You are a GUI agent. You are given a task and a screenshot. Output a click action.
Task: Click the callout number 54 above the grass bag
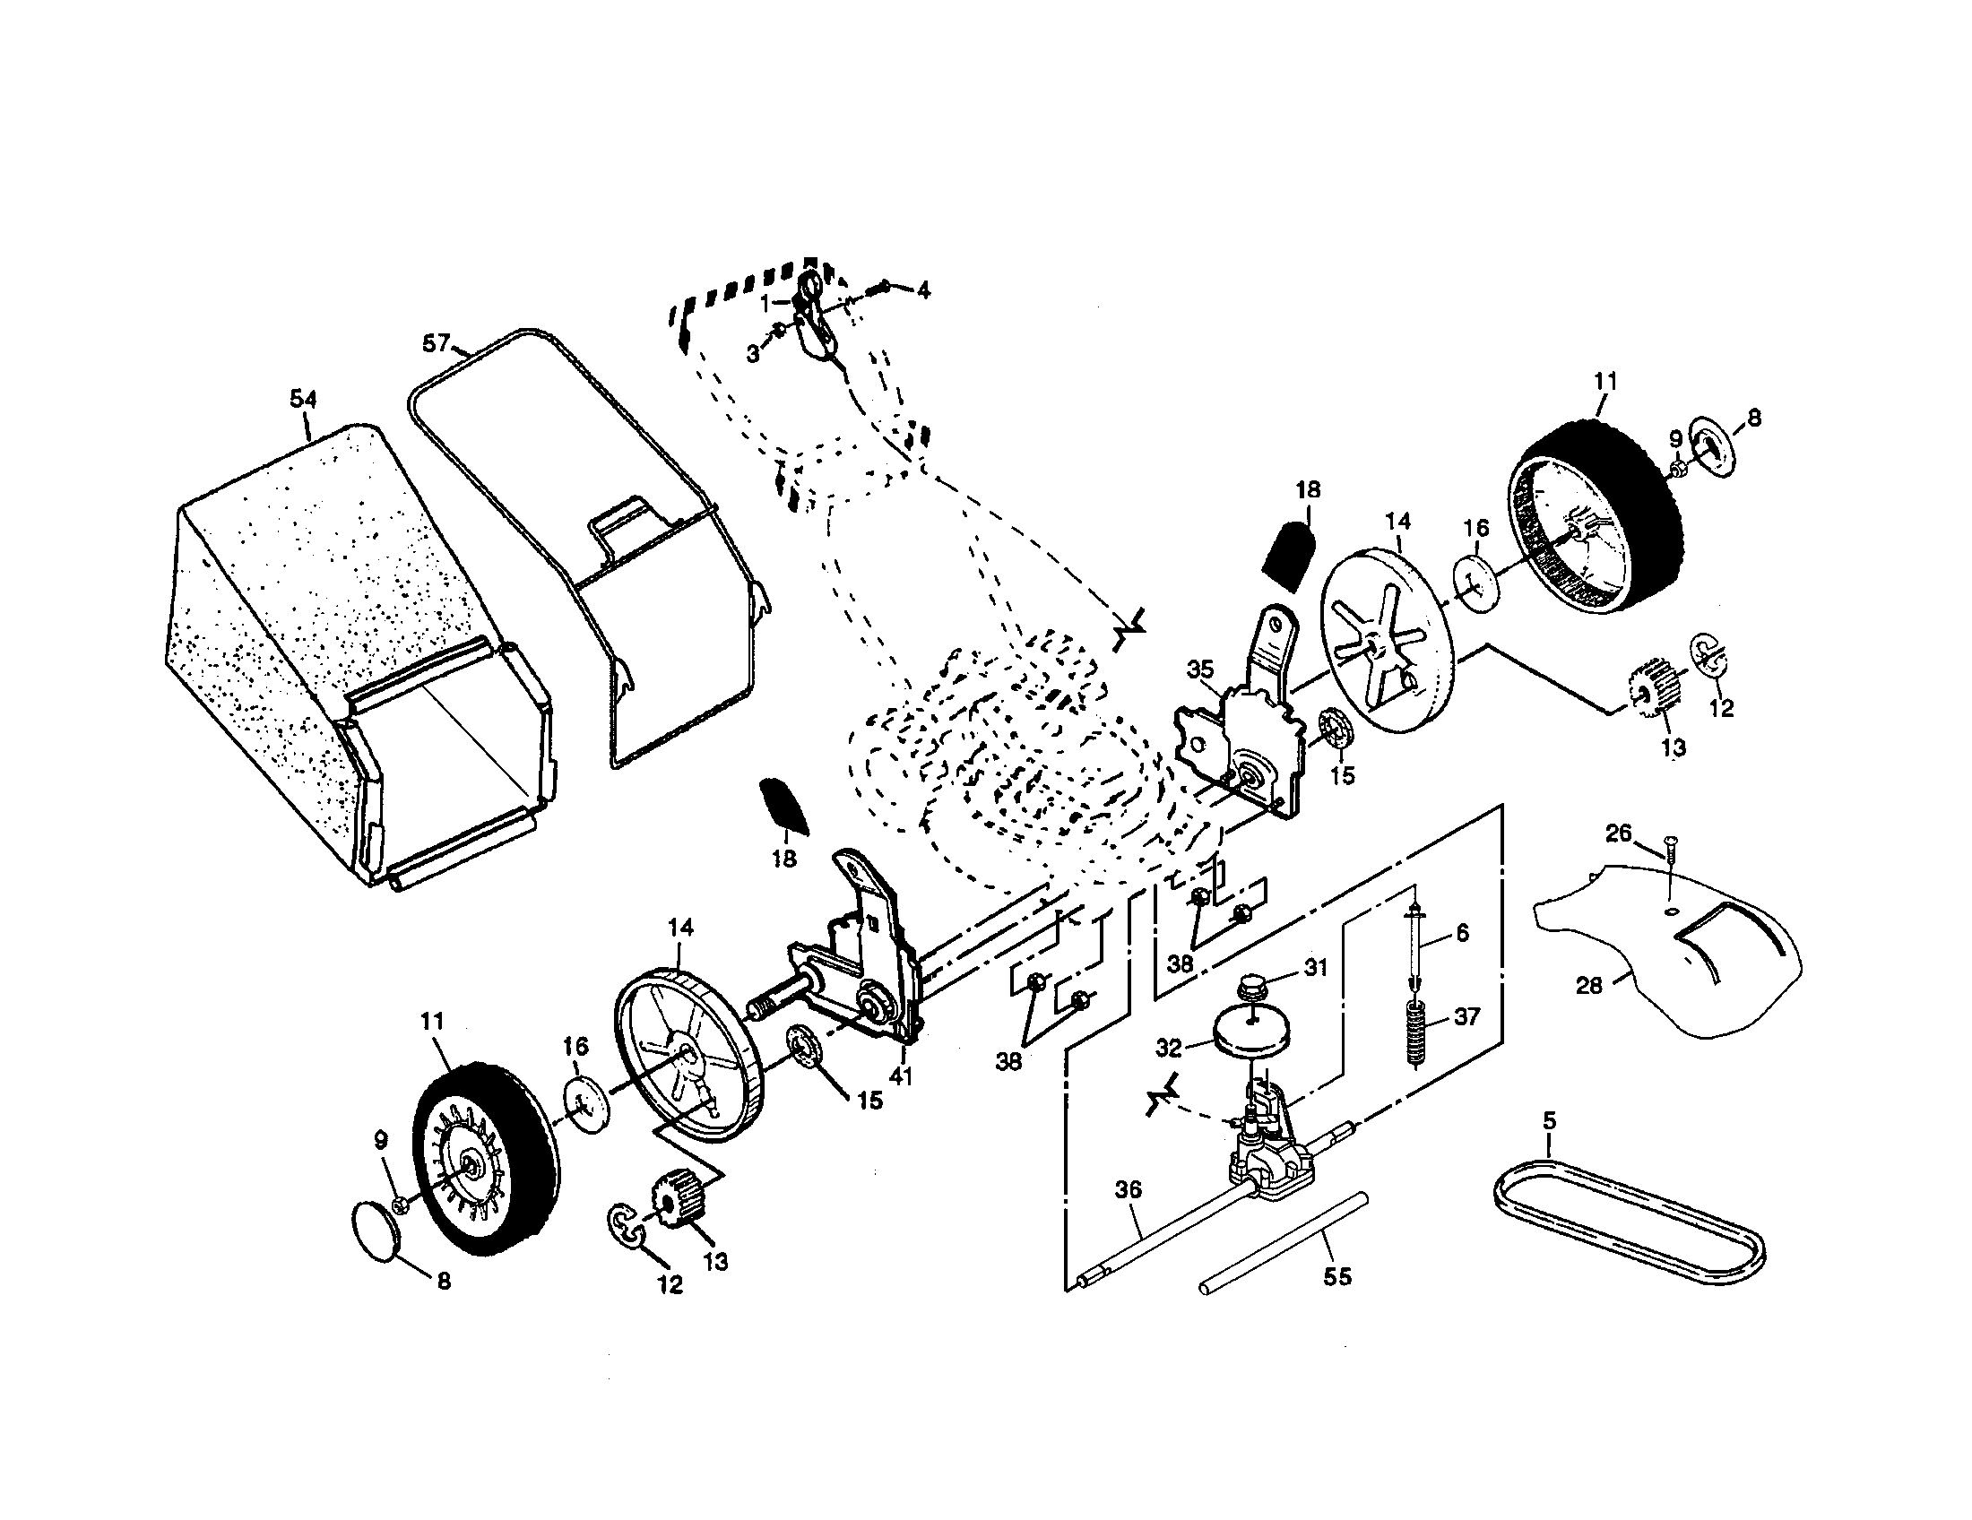click(x=303, y=399)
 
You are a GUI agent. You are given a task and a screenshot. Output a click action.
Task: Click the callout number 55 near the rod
click(x=1337, y=1276)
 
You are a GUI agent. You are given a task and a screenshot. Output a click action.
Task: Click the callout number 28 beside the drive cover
click(x=1588, y=985)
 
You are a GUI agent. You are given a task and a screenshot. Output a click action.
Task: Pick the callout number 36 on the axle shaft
click(x=1129, y=1189)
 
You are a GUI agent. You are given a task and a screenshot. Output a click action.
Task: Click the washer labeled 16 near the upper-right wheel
click(x=1475, y=587)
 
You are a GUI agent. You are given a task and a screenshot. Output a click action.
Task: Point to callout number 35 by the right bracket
click(x=1200, y=669)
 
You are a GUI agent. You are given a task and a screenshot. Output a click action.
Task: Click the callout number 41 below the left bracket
click(x=901, y=1075)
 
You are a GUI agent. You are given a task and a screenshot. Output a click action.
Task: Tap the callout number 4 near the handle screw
click(x=922, y=289)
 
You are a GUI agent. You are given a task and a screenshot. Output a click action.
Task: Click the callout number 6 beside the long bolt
click(x=1463, y=933)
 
